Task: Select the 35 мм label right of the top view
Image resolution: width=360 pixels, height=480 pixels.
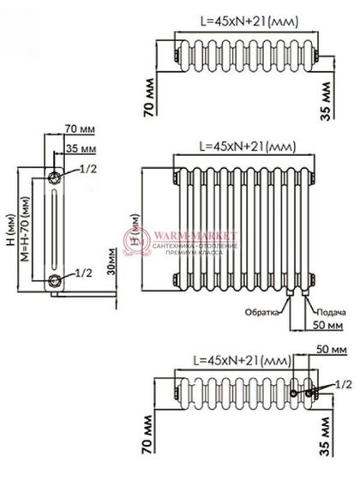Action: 327,99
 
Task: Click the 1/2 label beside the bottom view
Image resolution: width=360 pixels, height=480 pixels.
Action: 342,383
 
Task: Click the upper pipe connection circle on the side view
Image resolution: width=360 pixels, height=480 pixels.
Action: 55,176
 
